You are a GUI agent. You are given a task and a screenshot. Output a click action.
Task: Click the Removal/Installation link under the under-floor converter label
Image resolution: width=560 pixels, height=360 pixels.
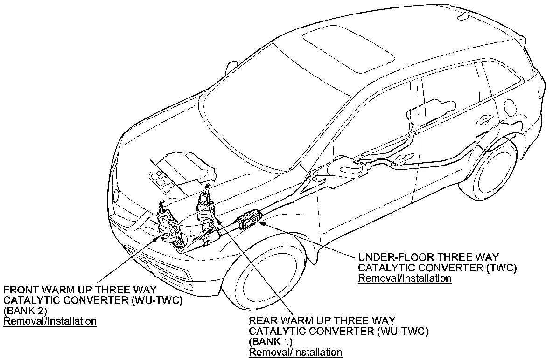pyautogui.click(x=404, y=279)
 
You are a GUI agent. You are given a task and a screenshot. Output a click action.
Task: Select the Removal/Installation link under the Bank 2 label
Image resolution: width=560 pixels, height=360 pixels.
pyautogui.click(x=50, y=321)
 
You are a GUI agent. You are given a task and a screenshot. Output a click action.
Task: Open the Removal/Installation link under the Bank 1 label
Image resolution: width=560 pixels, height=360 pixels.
pyautogui.click(x=295, y=352)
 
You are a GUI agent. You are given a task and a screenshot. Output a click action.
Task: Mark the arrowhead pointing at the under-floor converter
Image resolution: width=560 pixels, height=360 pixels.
pyautogui.click(x=261, y=223)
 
